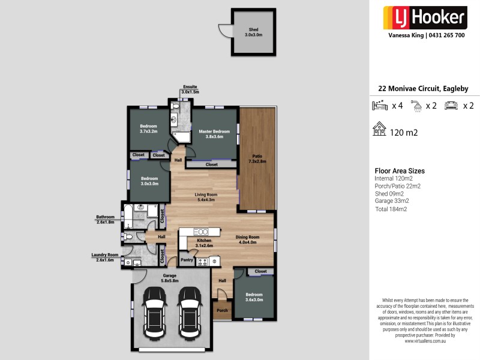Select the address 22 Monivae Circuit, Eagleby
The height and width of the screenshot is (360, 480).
(x=423, y=88)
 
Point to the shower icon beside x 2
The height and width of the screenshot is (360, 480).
(x=416, y=106)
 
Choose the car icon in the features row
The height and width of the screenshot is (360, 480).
(x=451, y=106)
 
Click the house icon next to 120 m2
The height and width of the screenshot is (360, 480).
(x=379, y=130)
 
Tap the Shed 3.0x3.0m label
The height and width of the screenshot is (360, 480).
(x=253, y=32)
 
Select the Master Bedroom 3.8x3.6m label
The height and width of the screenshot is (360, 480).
(x=214, y=134)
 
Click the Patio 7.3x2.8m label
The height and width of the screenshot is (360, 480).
(x=258, y=158)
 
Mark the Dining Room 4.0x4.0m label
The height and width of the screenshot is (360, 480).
(x=246, y=239)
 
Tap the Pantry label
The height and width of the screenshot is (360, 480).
(x=187, y=260)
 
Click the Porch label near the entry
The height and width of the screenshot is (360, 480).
(x=222, y=311)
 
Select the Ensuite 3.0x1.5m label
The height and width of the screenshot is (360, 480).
(x=190, y=89)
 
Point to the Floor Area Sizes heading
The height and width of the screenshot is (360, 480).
(x=399, y=171)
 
